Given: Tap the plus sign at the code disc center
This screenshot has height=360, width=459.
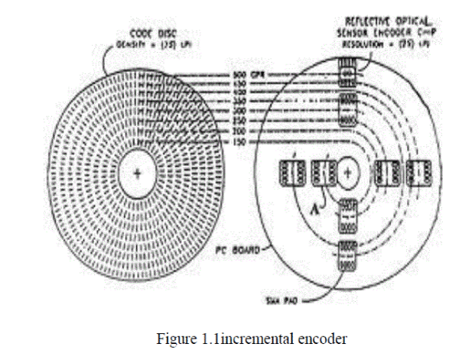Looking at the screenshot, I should pos(138,174).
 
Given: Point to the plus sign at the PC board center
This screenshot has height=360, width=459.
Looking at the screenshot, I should pos(347,174).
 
